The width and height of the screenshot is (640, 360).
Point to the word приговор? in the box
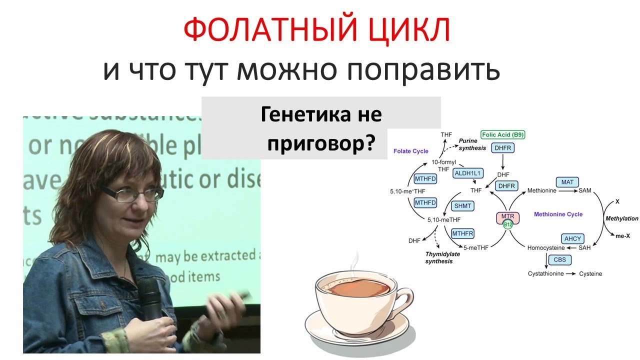(x=321, y=143)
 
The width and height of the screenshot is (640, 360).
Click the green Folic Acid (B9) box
(x=503, y=135)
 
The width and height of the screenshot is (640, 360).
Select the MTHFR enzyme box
(x=462, y=233)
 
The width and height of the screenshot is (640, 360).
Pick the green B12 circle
(x=508, y=225)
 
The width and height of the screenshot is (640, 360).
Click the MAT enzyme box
(x=567, y=182)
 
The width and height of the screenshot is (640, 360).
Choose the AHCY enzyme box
(x=572, y=238)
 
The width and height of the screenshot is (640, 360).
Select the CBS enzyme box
(x=559, y=260)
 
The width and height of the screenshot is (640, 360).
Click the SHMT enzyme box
(x=462, y=205)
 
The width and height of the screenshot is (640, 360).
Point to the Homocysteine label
(x=546, y=248)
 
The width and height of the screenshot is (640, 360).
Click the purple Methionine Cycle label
(x=558, y=214)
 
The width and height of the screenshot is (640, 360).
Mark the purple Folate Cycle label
(x=411, y=151)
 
